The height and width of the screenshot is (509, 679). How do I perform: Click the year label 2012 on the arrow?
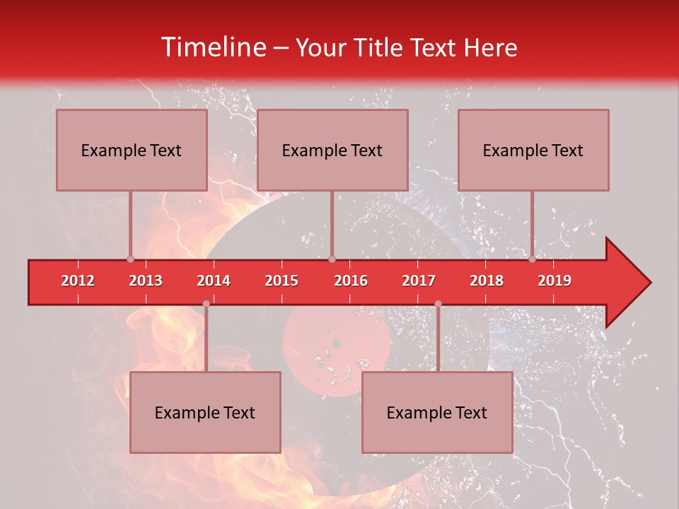click(x=78, y=281)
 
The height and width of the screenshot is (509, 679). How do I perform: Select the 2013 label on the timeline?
click(x=146, y=281)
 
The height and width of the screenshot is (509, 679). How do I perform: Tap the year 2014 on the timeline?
click(x=214, y=281)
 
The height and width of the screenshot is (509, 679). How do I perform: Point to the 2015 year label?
click(x=282, y=281)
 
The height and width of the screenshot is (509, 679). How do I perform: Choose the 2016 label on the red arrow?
click(x=351, y=281)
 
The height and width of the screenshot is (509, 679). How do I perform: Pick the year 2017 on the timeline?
click(x=419, y=281)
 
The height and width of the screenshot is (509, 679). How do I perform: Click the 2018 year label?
click(x=487, y=281)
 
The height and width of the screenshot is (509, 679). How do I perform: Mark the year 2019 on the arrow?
click(x=555, y=281)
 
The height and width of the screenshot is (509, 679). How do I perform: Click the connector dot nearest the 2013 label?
click(x=130, y=259)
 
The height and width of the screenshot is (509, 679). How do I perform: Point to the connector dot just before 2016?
click(x=332, y=259)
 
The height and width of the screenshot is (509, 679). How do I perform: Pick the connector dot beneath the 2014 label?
click(x=206, y=304)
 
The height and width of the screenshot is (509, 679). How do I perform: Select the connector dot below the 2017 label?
click(x=438, y=304)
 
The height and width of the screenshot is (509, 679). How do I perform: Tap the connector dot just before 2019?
click(x=532, y=259)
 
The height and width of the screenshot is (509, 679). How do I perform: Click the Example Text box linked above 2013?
click(x=132, y=150)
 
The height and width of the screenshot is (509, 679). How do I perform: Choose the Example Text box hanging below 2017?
click(x=437, y=412)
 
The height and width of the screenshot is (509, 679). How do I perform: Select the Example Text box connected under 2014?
click(x=205, y=412)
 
